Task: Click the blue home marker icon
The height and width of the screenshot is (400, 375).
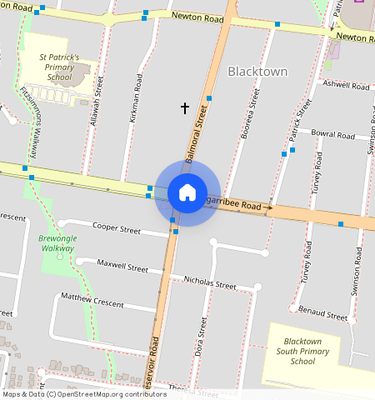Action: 187,192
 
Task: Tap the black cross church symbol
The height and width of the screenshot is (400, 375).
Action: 185,107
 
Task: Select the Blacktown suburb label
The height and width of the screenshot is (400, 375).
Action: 257,72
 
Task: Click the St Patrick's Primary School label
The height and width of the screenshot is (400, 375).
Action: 59,67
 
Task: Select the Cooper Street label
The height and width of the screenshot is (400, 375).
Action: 117,227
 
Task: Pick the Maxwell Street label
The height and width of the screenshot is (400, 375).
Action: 122,268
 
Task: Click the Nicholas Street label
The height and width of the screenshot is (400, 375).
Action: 210,284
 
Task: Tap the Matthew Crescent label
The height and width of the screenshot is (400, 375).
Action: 90,297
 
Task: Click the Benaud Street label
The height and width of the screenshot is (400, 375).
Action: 325,316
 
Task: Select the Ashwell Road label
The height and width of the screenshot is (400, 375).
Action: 346,86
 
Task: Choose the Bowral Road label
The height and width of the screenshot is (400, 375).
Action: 333,133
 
